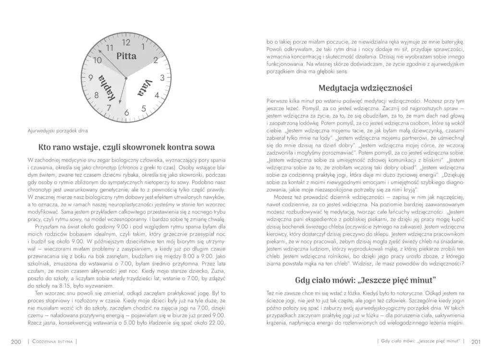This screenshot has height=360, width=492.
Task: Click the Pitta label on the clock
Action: [x=127, y=56]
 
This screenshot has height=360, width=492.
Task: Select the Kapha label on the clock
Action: [x=107, y=88]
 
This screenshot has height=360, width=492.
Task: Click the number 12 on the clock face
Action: [x=126, y=42]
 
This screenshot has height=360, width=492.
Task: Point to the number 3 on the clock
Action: [x=162, y=78]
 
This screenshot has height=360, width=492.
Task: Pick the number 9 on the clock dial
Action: [x=90, y=78]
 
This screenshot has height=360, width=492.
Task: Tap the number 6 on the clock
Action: [x=126, y=113]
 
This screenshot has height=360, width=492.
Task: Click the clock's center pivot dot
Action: [x=126, y=78]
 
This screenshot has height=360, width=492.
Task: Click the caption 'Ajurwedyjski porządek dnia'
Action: [x=57, y=130]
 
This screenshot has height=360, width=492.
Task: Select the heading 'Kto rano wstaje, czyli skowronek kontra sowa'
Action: [x=126, y=147]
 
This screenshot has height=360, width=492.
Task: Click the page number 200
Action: [x=16, y=341]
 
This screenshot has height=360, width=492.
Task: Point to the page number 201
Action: [x=476, y=341]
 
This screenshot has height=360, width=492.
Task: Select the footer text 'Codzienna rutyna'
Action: [x=53, y=341]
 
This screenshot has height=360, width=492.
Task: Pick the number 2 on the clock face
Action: [x=156, y=60]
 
